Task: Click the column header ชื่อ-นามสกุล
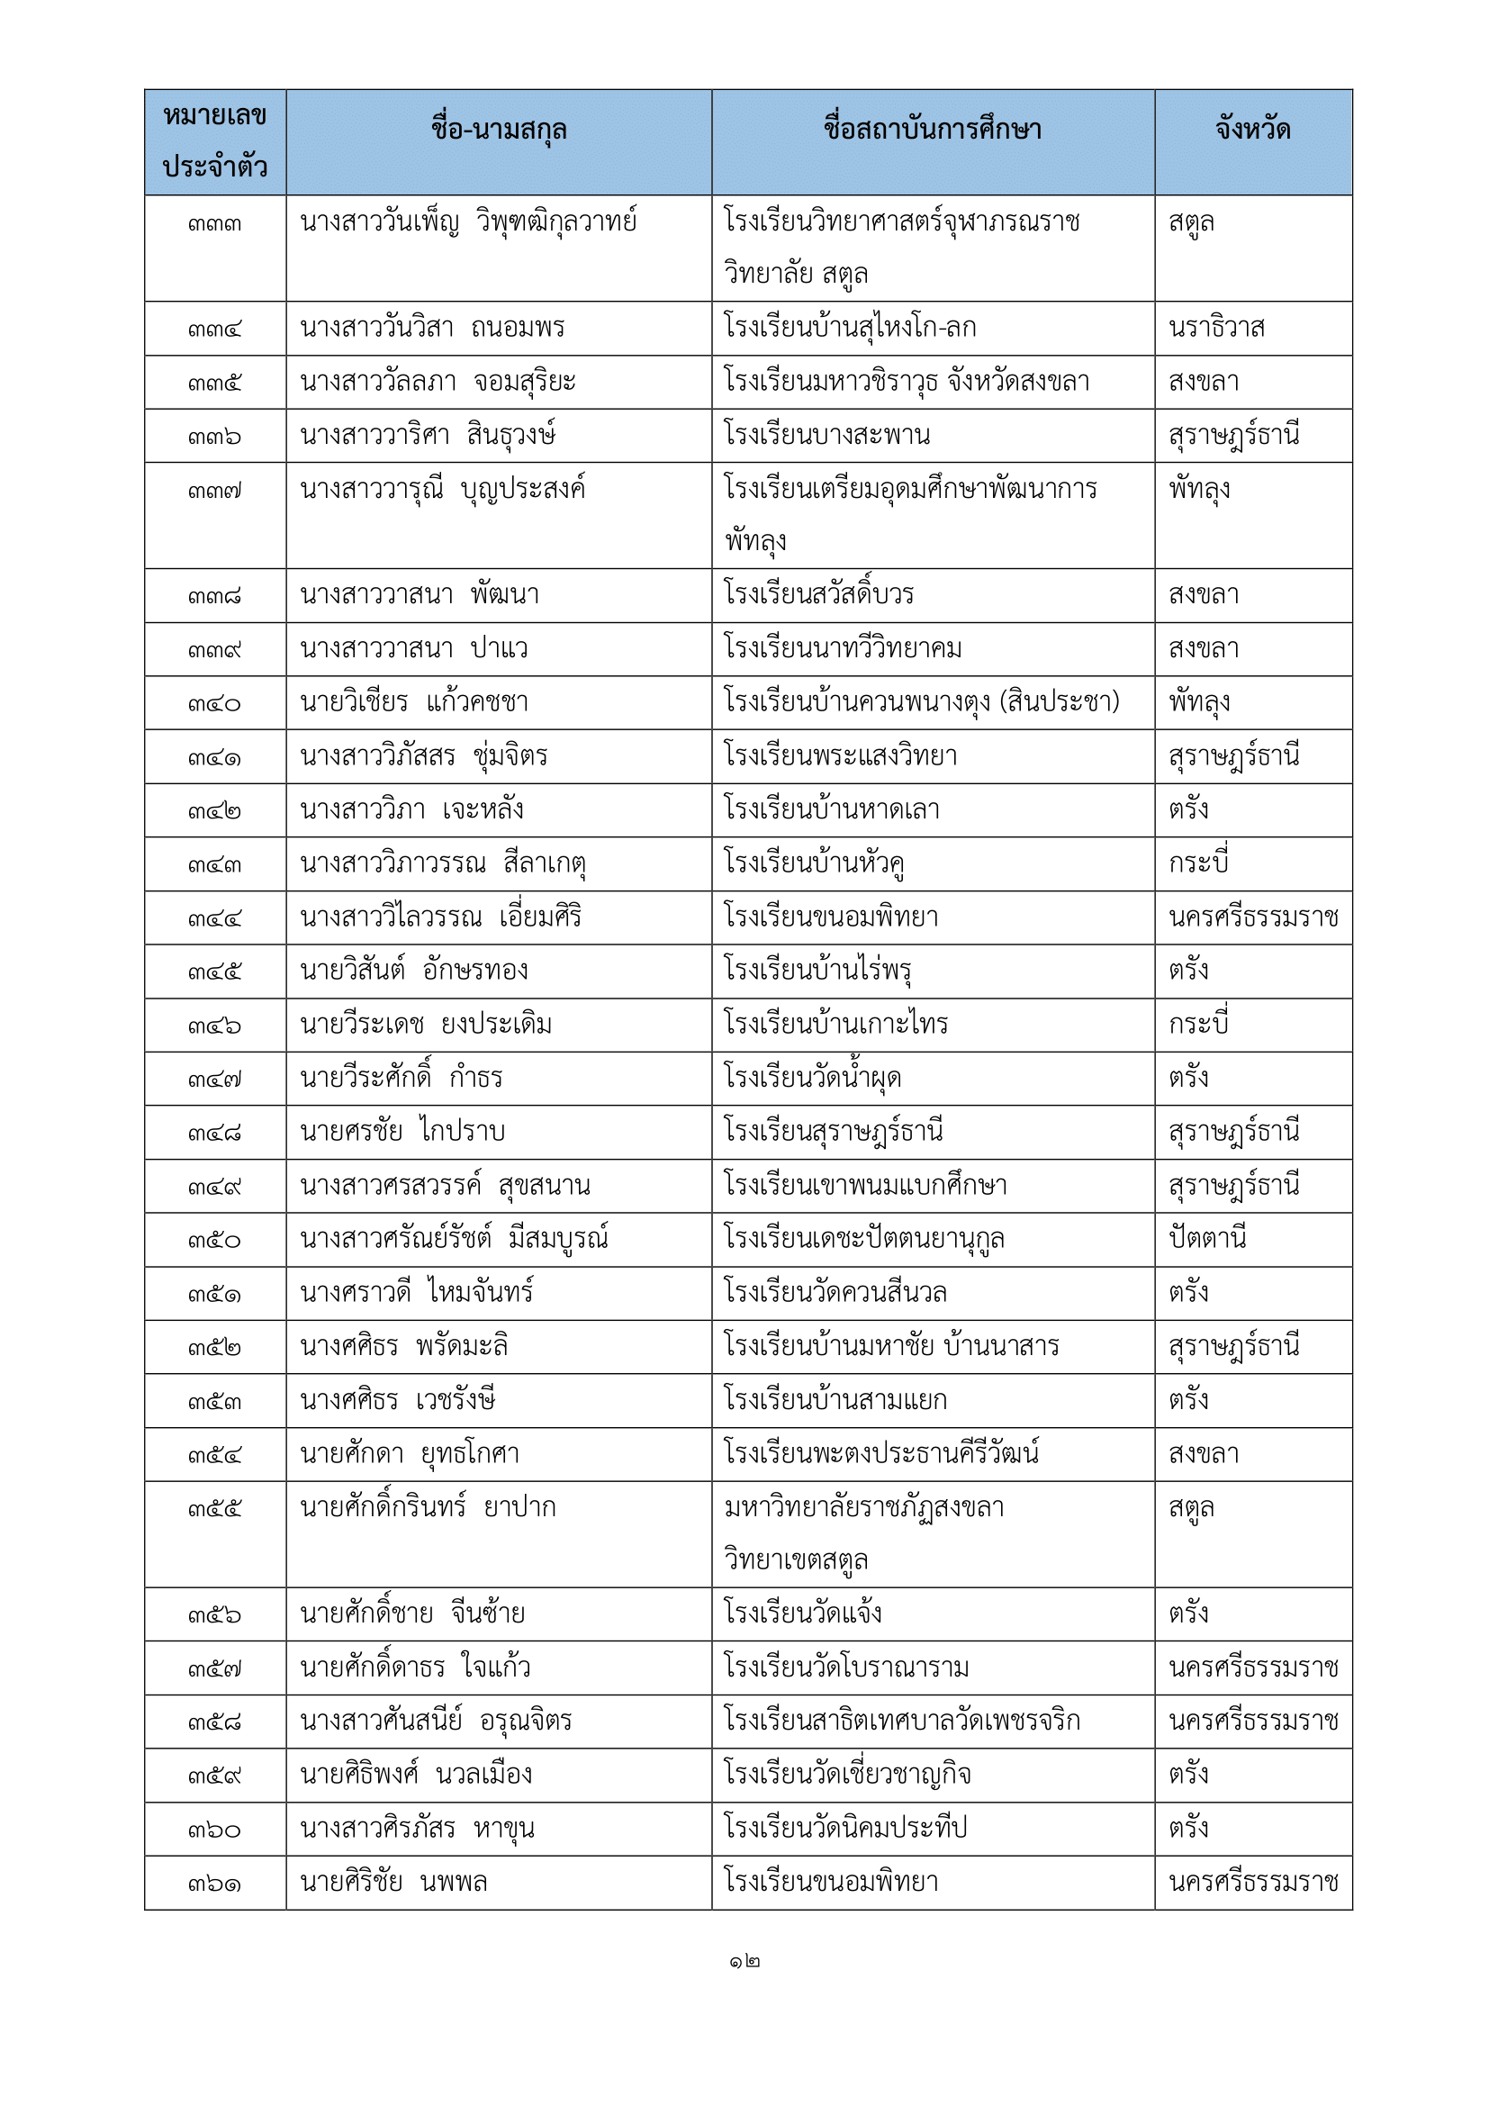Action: coord(499,131)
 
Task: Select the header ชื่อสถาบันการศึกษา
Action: coord(933,131)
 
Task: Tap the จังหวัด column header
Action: coord(1252,131)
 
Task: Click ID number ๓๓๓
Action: coord(214,224)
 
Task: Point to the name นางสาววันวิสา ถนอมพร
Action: coord(432,329)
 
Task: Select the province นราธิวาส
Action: coord(1217,329)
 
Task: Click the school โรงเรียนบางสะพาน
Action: coord(827,435)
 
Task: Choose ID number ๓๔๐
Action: coord(214,703)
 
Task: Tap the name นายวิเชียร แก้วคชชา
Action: coord(414,702)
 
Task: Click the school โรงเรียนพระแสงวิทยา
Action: coord(841,756)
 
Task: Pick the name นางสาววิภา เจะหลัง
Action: coord(411,810)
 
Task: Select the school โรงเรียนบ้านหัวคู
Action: coord(814,863)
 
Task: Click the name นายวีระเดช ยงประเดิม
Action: coord(427,1025)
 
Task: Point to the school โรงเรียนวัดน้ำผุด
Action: coord(812,1078)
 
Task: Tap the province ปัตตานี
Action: coord(1207,1239)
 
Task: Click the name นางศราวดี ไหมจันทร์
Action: coord(417,1293)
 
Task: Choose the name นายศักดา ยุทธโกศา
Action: coord(410,1454)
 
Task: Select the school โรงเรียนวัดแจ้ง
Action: coord(803,1613)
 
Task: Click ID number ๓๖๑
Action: coord(214,1883)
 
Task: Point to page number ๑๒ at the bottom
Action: coord(744,1962)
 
